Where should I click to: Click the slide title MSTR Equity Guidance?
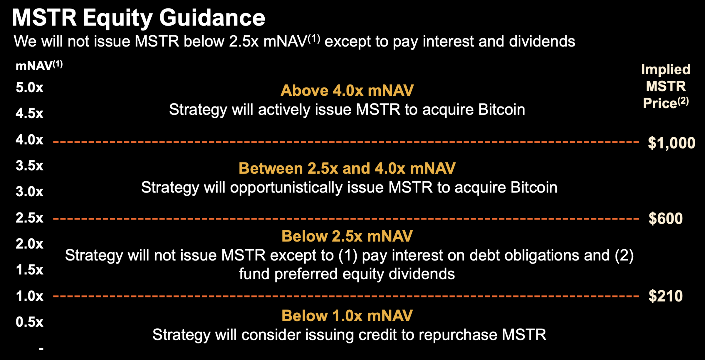(x=138, y=18)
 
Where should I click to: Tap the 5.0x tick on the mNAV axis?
(x=29, y=88)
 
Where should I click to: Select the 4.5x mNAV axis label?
(x=29, y=113)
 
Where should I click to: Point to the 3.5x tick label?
(x=29, y=166)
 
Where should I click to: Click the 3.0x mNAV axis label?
(x=29, y=192)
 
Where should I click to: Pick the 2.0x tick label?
(x=29, y=244)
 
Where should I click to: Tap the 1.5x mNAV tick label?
(x=29, y=270)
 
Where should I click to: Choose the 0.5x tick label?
(x=29, y=322)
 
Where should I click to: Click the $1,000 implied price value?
(x=672, y=143)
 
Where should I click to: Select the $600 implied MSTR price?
(x=666, y=219)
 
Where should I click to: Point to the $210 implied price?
(x=666, y=296)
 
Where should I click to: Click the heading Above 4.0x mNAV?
(x=347, y=90)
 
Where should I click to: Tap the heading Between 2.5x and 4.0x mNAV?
(x=347, y=168)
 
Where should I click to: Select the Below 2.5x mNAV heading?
(x=347, y=236)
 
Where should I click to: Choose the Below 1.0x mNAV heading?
(x=347, y=316)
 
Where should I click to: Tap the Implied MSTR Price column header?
(x=666, y=86)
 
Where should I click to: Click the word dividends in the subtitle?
(x=542, y=41)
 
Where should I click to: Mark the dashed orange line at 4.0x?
(x=346, y=142)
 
